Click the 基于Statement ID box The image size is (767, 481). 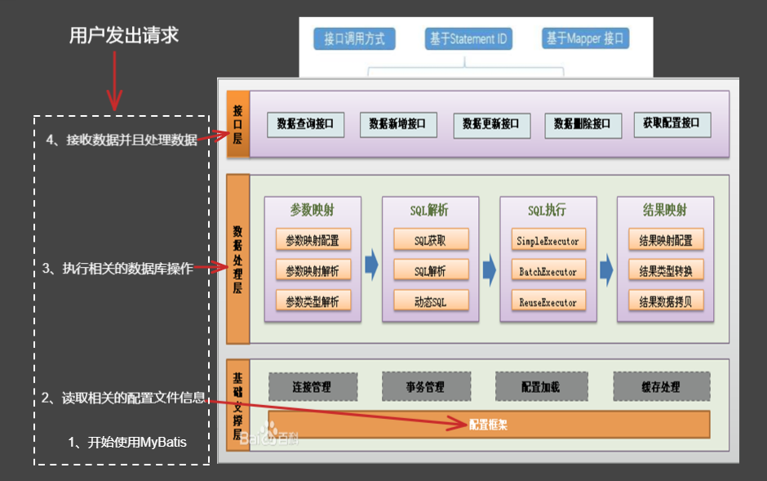(x=468, y=38)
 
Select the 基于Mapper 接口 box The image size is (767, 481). (x=585, y=38)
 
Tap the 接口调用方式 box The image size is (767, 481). (x=354, y=38)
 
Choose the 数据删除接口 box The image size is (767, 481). (x=582, y=124)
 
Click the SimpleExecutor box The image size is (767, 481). (x=548, y=240)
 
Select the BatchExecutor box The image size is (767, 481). (x=548, y=270)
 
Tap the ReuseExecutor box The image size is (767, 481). (x=548, y=301)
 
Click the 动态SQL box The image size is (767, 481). (x=431, y=301)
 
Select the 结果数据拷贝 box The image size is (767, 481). (x=665, y=301)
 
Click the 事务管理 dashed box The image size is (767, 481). (x=424, y=386)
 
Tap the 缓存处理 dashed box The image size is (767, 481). (x=661, y=386)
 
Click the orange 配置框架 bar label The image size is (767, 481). (x=488, y=425)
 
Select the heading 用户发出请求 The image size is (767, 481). (x=123, y=36)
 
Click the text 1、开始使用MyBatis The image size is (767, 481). (x=127, y=443)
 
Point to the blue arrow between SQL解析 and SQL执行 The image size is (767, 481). (x=489, y=267)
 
